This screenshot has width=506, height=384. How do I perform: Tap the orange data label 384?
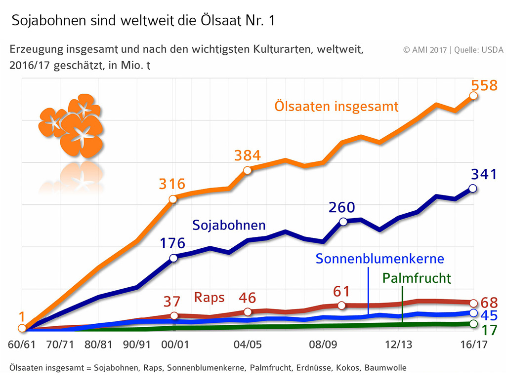pos(247,156)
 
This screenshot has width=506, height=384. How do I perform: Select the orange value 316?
pos(172,185)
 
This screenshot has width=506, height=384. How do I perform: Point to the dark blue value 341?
pos(483,174)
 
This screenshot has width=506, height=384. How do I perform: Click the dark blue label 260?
pos(341,208)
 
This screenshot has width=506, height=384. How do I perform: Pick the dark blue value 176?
pos(172,243)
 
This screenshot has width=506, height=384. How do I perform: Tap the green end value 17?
pos(489,330)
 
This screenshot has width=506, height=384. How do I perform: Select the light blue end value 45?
pos(489,316)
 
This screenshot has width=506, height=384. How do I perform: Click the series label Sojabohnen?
pos(229,226)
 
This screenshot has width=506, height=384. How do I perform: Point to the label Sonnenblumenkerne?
pos(380,259)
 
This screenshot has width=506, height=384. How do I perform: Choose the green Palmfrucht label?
pos(417,278)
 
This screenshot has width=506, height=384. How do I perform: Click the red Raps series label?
pos(209,298)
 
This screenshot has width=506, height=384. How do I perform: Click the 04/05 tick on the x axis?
pos(248,345)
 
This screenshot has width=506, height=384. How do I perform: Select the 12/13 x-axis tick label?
pos(399,345)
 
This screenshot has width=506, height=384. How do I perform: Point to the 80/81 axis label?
pos(97,345)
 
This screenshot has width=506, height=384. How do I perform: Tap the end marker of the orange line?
pos(473,95)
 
